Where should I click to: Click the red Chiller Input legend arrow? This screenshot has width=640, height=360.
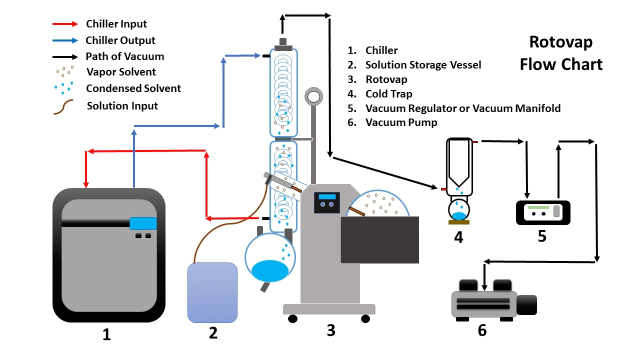[65, 24]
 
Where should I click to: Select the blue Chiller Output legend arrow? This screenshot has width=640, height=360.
[65, 40]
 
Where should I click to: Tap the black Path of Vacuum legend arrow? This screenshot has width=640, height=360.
[65, 56]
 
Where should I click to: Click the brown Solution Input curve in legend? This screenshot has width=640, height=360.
[63, 107]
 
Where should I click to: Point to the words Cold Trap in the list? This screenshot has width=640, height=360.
[388, 93]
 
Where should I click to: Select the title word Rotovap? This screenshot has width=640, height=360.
[560, 42]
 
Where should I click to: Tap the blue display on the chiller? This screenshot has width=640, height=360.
[143, 223]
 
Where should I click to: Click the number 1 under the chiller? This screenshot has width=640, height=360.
[106, 334]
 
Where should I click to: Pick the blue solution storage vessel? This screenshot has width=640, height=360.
[212, 292]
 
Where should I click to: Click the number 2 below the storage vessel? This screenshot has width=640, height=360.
[213, 332]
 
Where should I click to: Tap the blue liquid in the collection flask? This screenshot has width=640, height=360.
[269, 270]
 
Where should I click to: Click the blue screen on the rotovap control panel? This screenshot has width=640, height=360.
[326, 196]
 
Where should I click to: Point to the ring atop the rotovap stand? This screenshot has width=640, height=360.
[314, 95]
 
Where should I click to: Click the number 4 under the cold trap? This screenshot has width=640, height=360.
[458, 237]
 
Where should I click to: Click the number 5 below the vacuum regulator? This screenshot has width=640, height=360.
[542, 235]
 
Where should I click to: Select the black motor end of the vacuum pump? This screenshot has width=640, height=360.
[526, 305]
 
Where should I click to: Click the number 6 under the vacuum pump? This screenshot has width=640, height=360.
[482, 330]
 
